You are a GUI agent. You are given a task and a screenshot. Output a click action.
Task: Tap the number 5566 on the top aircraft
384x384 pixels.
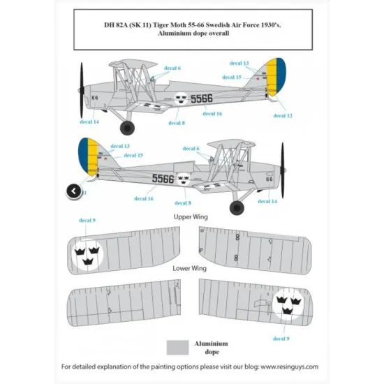pos(202,98)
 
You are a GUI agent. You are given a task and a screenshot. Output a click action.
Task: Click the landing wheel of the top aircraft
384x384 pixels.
pos(127,127)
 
